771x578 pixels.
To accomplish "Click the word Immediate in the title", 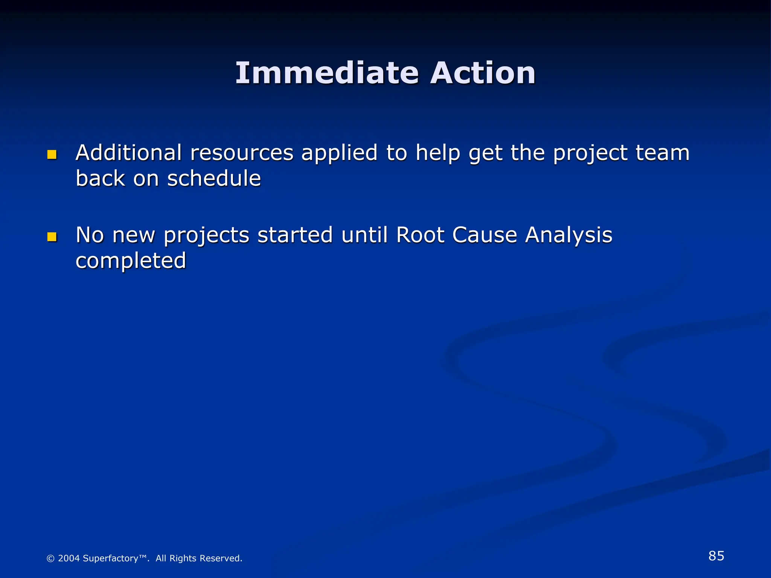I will tap(327, 73).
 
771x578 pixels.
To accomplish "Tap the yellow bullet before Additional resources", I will tap(52, 155).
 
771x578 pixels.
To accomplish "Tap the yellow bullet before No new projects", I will tap(52, 237).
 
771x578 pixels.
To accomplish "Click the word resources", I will tap(242, 154).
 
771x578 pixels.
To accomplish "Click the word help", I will tap(438, 154).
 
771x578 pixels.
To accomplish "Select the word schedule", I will tap(214, 178).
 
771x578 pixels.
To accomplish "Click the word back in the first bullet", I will tap(100, 178).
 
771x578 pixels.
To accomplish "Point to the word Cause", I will tap(485, 235).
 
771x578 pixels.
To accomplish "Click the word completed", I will tap(131, 261).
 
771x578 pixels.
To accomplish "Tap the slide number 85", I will tap(716, 556).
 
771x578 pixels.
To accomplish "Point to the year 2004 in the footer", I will tap(69, 558).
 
